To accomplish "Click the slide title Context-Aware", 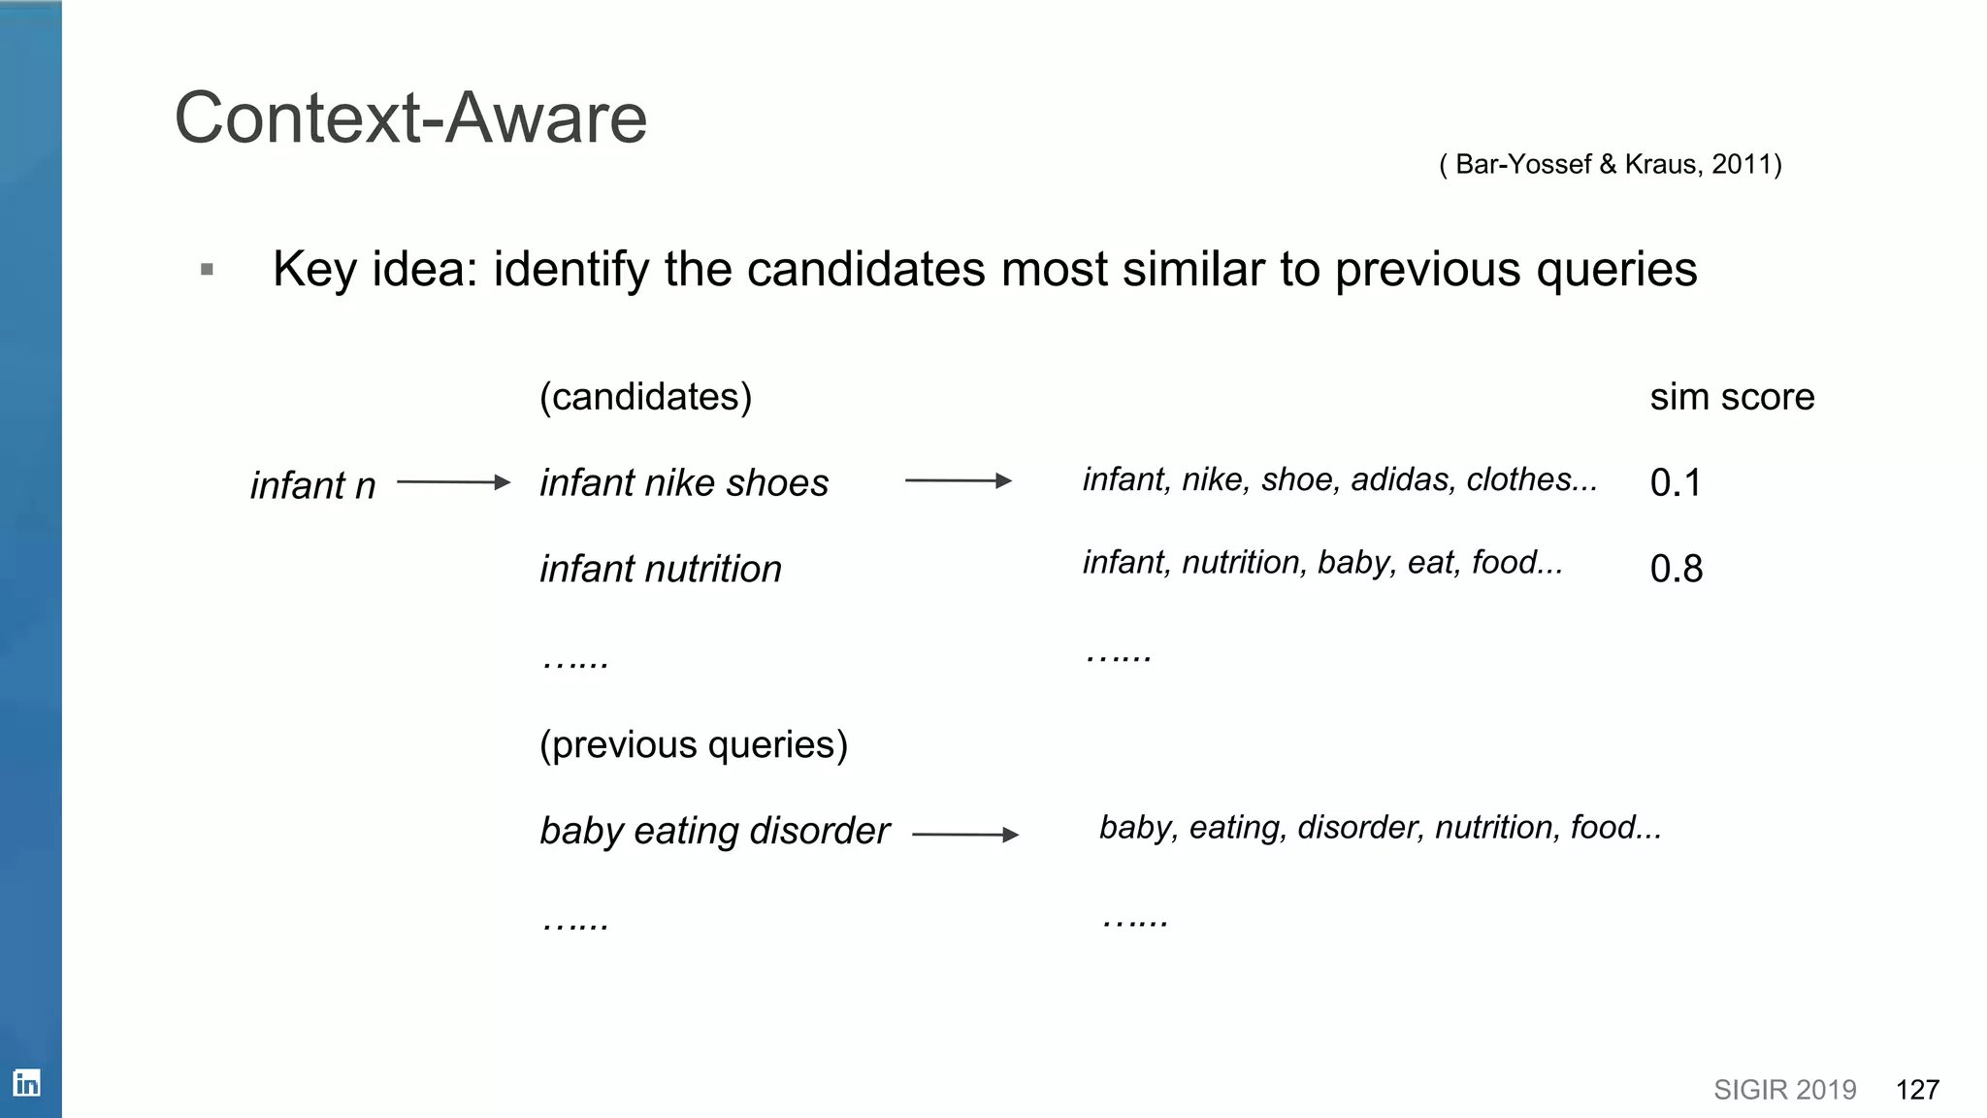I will pyautogui.click(x=410, y=118).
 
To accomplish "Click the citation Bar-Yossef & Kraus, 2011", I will pyautogui.click(x=1611, y=164).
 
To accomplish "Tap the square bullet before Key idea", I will pyautogui.click(x=207, y=270).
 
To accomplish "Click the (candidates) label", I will pyautogui.click(x=645, y=396).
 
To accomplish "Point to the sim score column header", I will pyautogui.click(x=1731, y=396).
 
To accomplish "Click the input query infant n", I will pyautogui.click(x=312, y=485).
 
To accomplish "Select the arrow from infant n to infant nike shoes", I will pyautogui.click(x=453, y=481).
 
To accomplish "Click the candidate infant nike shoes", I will pyautogui.click(x=684, y=482).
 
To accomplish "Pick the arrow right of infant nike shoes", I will pyautogui.click(x=958, y=480).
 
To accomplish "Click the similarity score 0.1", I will pyautogui.click(x=1676, y=482).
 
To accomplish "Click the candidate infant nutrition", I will pyautogui.click(x=660, y=569).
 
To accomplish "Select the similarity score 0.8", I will pyautogui.click(x=1676, y=569).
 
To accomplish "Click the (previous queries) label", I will pyautogui.click(x=693, y=744).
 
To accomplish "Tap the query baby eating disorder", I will pyautogui.click(x=714, y=831).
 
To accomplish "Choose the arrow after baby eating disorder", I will pyautogui.click(x=965, y=834).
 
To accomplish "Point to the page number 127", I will pyautogui.click(x=1917, y=1090).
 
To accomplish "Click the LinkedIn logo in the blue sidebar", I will pyautogui.click(x=26, y=1082).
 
